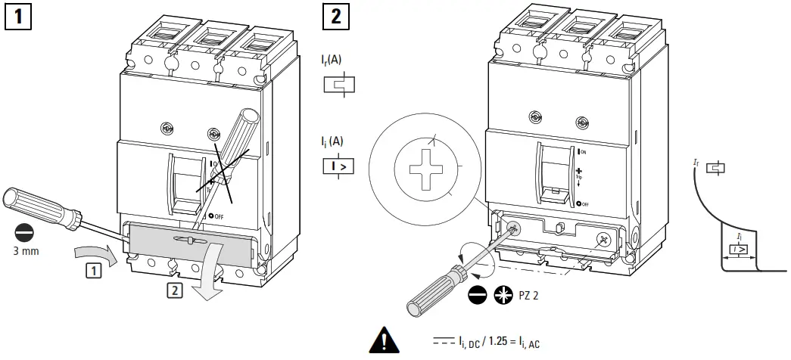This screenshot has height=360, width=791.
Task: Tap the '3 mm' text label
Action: [x=26, y=249]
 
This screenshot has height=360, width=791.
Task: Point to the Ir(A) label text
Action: [x=334, y=60]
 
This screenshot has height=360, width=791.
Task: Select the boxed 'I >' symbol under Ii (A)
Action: [x=338, y=166]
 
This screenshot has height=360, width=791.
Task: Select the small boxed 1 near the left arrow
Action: [x=92, y=268]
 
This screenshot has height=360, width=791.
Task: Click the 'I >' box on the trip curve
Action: [x=738, y=250]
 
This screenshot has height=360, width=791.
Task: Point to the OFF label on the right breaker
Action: [x=586, y=204]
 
